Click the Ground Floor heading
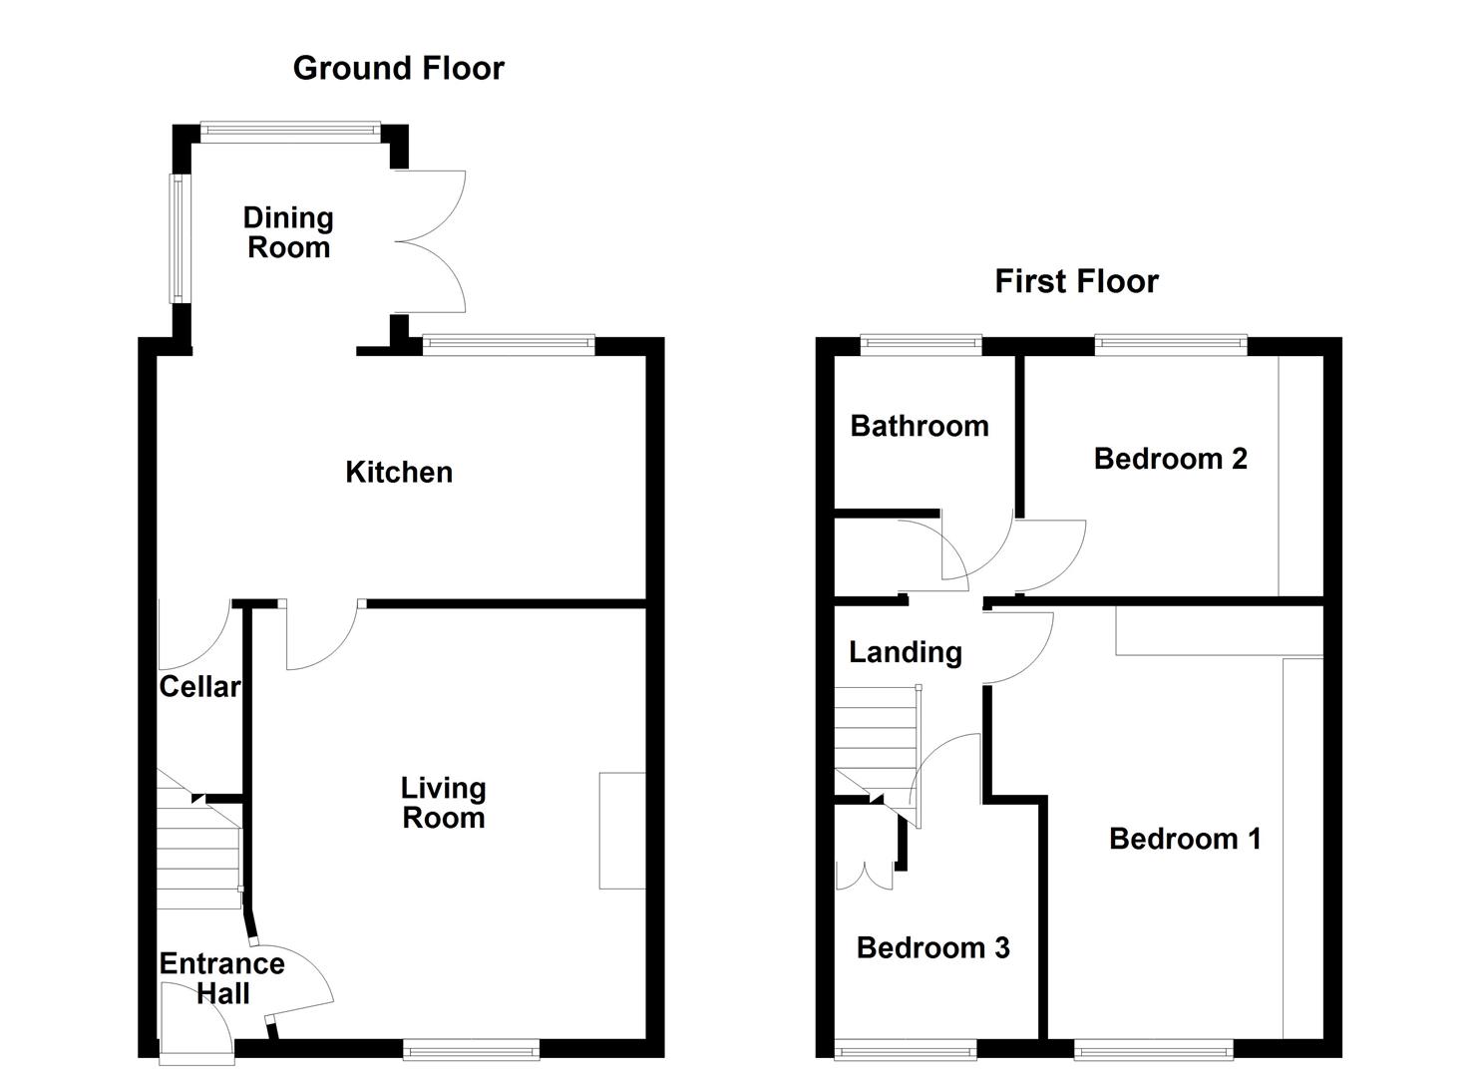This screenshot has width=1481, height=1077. [398, 68]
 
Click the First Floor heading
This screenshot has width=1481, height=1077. [1076, 281]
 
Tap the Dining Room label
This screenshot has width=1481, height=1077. [288, 232]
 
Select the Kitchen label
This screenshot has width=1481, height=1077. [399, 472]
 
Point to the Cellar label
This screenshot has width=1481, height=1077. [199, 686]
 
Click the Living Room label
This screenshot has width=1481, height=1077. [443, 803]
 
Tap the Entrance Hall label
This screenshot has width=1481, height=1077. [221, 978]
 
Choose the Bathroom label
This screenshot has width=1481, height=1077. [919, 426]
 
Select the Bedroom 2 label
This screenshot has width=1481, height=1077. [1170, 459]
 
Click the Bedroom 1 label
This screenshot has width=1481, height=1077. [1185, 839]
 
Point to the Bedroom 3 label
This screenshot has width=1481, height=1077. [932, 947]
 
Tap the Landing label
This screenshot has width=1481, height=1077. [905, 652]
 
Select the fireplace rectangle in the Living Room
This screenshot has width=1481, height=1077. [621, 830]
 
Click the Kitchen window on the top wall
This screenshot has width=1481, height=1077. [509, 345]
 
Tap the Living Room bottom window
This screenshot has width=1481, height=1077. [471, 1048]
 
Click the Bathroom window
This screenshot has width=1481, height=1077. [921, 345]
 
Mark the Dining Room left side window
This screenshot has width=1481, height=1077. [177, 238]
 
